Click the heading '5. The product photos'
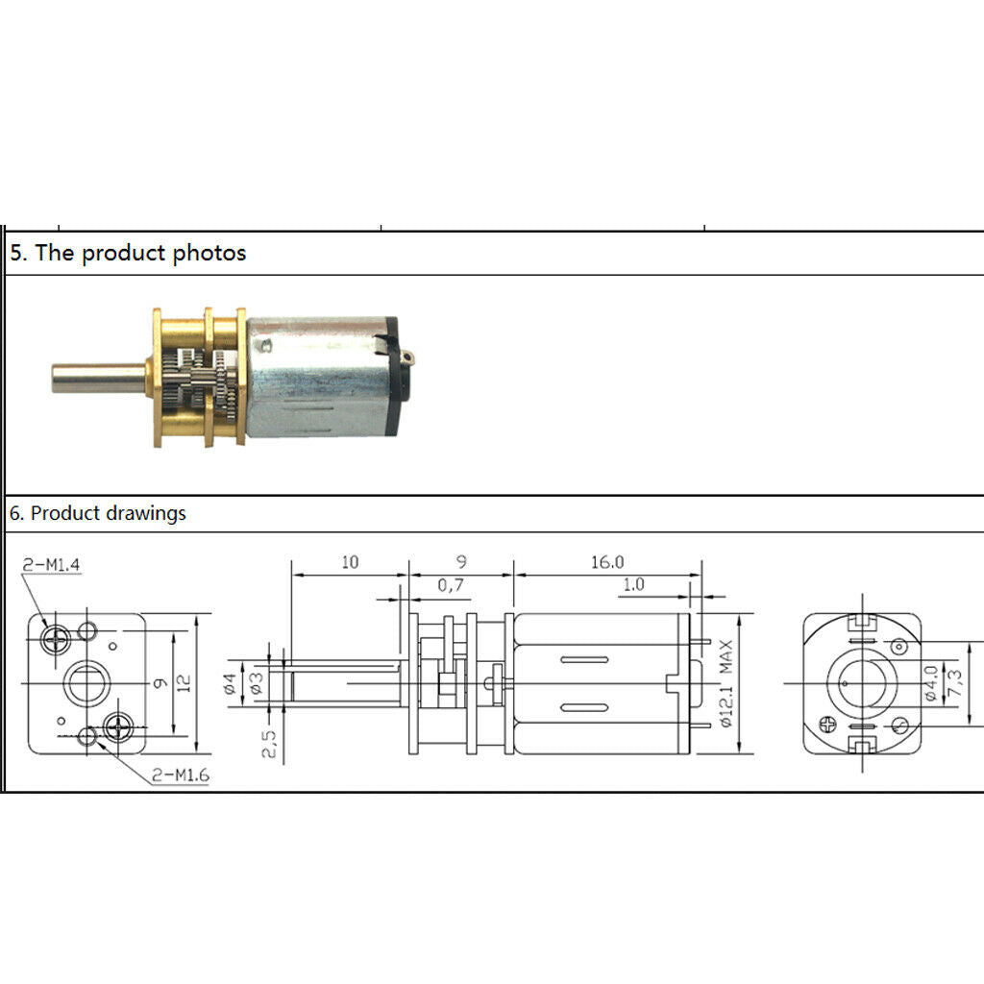(x=128, y=253)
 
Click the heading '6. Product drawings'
(x=97, y=513)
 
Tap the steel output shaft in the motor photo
(x=99, y=378)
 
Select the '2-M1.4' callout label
(x=52, y=565)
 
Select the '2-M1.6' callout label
(x=181, y=775)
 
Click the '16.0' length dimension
(x=607, y=561)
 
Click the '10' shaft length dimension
(x=350, y=561)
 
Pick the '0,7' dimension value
(x=451, y=585)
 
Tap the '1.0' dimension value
(x=633, y=584)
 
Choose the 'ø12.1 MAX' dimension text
(x=726, y=683)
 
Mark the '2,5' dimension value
(x=269, y=744)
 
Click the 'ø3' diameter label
(x=257, y=683)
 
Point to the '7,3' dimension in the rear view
(x=954, y=683)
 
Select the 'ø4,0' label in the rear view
(x=931, y=683)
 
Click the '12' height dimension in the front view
(x=184, y=683)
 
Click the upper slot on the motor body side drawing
(x=584, y=659)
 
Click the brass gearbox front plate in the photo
(x=158, y=378)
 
